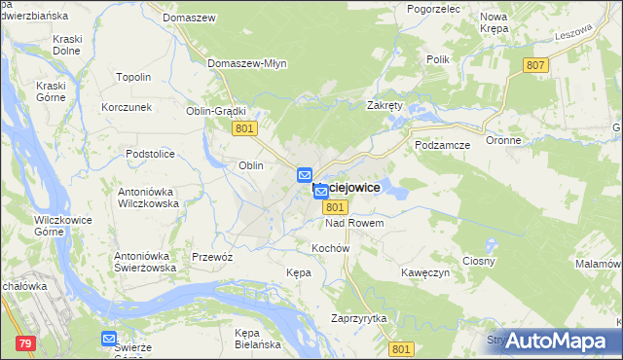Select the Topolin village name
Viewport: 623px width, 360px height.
(133, 77)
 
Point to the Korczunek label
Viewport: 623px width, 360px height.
(127, 107)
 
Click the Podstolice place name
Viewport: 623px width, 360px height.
(150, 154)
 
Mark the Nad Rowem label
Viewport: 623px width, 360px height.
(354, 224)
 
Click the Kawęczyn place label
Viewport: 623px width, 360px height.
(425, 272)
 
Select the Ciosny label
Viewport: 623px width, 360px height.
(479, 261)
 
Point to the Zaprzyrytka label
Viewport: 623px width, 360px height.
(359, 318)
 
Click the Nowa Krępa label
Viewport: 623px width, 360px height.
(495, 22)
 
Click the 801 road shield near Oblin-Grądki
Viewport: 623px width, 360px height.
(245, 128)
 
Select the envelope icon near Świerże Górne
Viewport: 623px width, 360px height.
(109, 339)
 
